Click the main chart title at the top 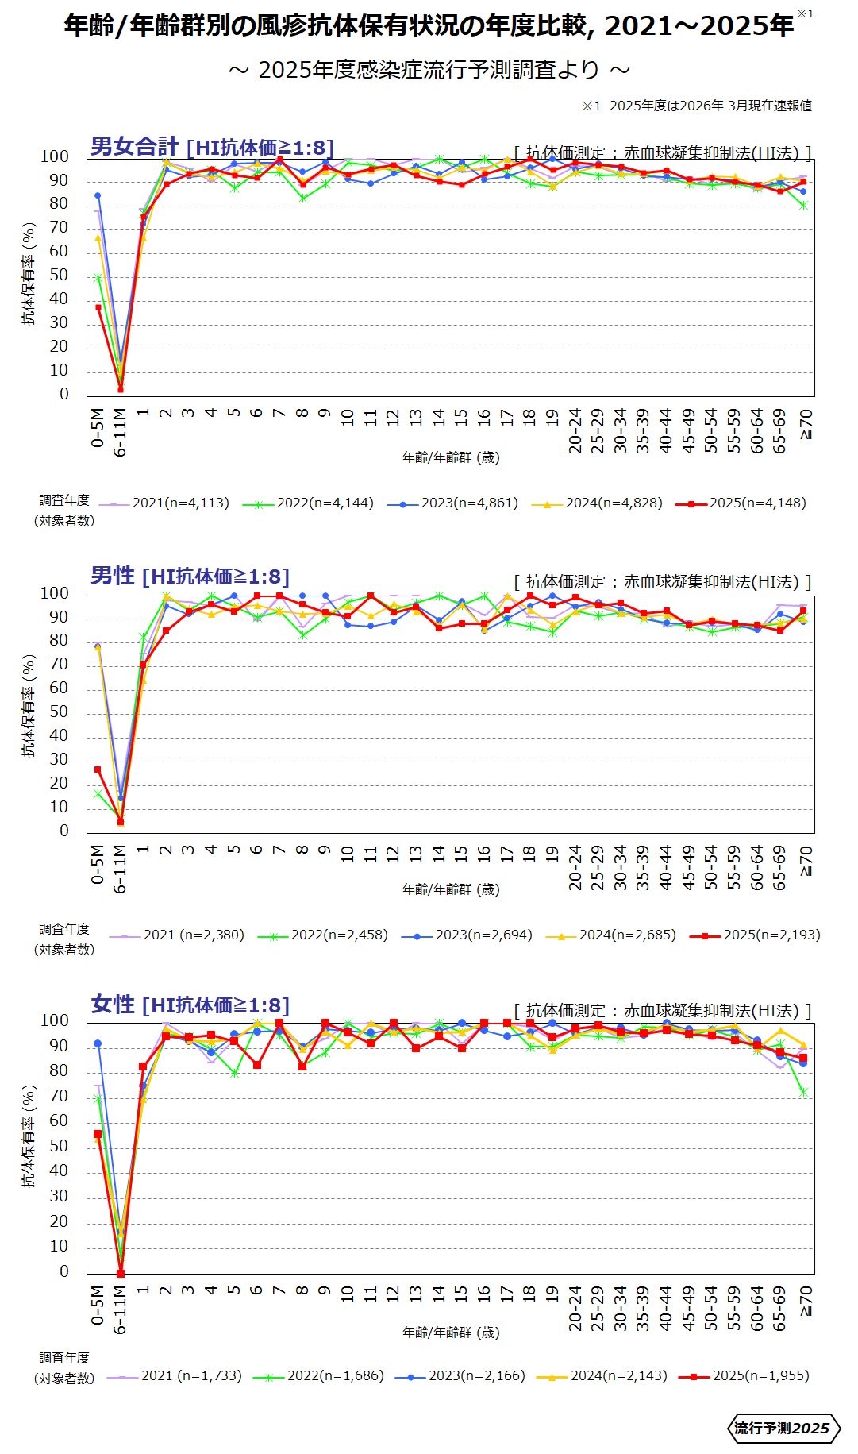coord(429,26)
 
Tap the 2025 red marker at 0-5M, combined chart coord(98,307)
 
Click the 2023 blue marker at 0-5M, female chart coord(98,1043)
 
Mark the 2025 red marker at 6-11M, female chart coord(121,1273)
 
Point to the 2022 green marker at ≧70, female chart coord(803,1093)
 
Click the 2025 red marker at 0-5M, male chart coord(98,769)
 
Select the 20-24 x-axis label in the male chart coord(575,867)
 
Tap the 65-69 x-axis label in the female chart coord(779,1308)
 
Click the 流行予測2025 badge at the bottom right coord(783,1428)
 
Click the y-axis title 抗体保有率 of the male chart coord(29,706)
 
